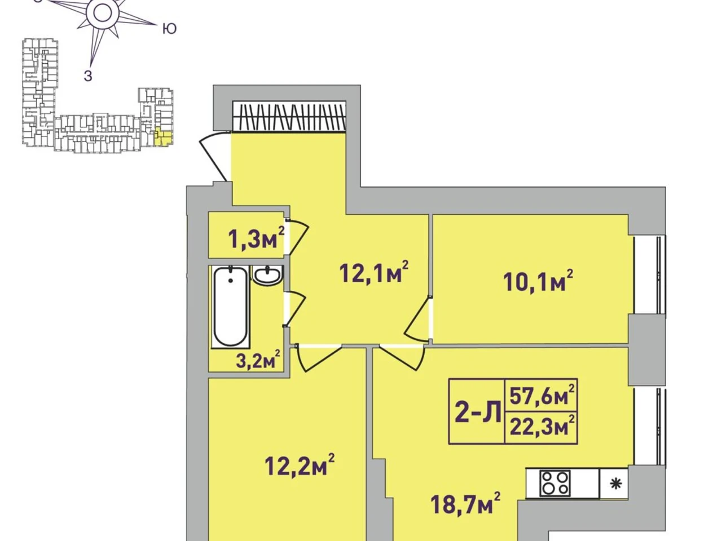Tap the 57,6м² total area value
(542, 396)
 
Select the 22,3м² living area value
(542, 426)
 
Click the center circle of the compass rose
(99, 14)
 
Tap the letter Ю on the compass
(170, 29)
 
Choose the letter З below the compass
(88, 76)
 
